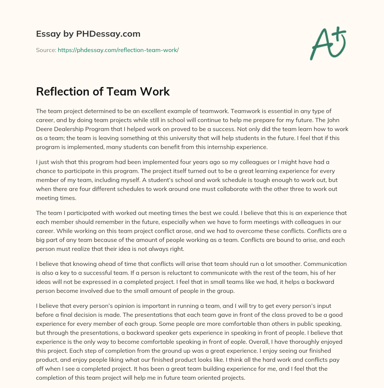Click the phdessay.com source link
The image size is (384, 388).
tap(118, 50)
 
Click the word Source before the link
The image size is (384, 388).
tap(46, 50)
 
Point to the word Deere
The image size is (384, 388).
tap(46, 129)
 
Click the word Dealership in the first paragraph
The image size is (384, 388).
tap(73, 129)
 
